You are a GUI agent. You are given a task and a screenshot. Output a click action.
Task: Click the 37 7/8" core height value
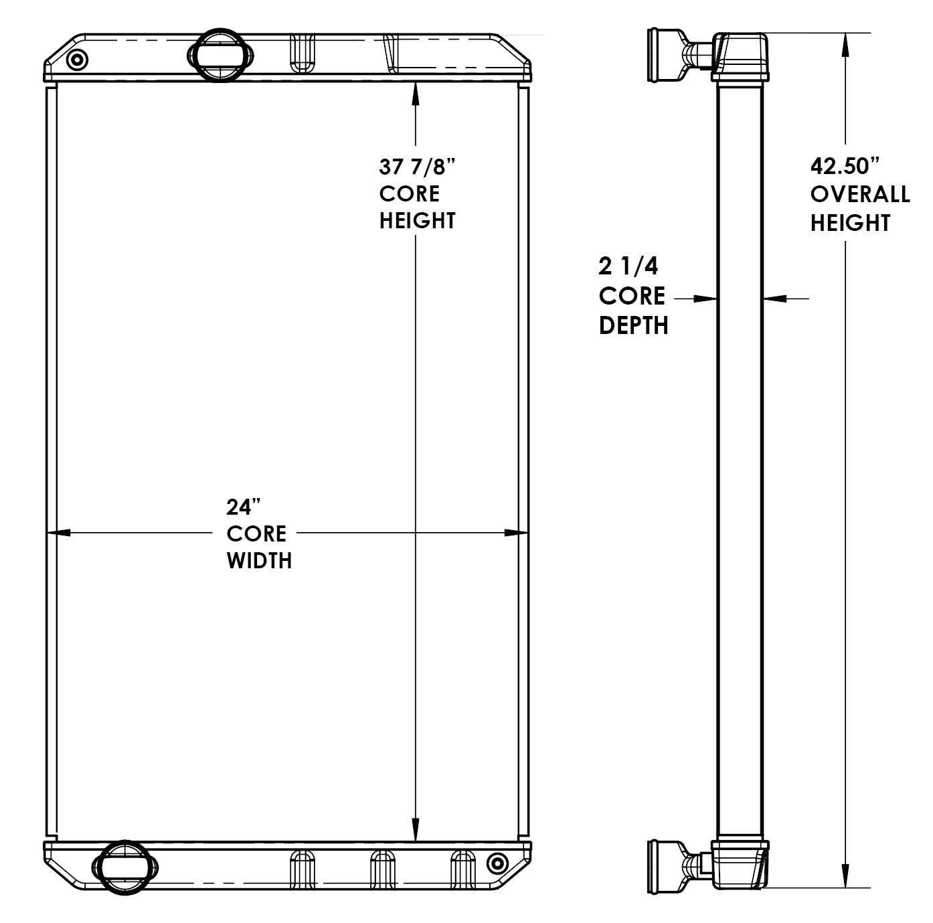coord(417,167)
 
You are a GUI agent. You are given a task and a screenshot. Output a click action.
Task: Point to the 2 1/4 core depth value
coord(628,266)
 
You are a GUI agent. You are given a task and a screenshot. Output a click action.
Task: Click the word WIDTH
coord(259,560)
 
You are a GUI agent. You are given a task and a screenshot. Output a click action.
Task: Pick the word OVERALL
coord(860,194)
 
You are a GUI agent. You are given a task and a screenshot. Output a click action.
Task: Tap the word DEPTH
coord(633,325)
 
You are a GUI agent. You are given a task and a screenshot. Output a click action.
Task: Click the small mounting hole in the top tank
coord(78,60)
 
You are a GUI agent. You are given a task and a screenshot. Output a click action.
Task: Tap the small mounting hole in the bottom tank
coord(497,863)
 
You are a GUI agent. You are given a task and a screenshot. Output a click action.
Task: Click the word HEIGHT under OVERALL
coord(850,223)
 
